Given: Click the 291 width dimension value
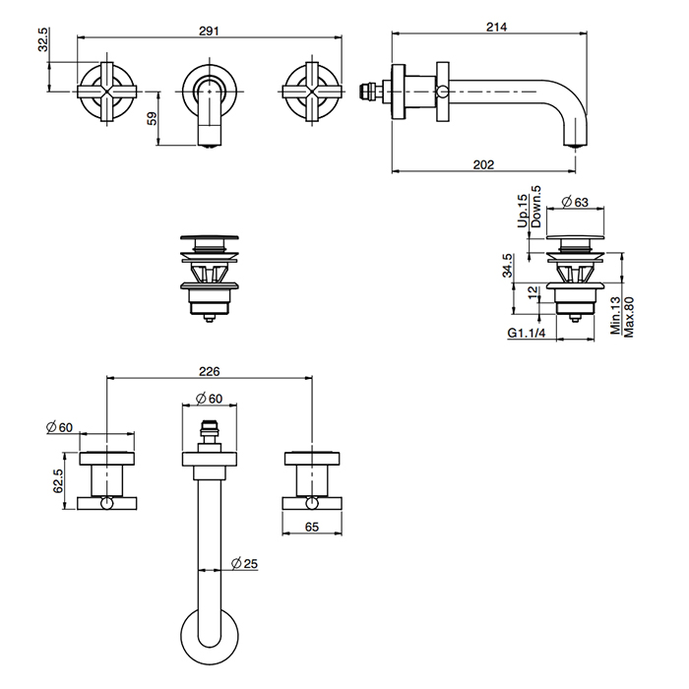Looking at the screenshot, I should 208,30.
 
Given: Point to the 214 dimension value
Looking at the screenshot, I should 495,28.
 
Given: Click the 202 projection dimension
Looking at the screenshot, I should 482,164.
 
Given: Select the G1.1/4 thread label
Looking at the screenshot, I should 527,335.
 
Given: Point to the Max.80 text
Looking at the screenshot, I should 627,317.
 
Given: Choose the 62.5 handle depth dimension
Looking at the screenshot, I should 59,480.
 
